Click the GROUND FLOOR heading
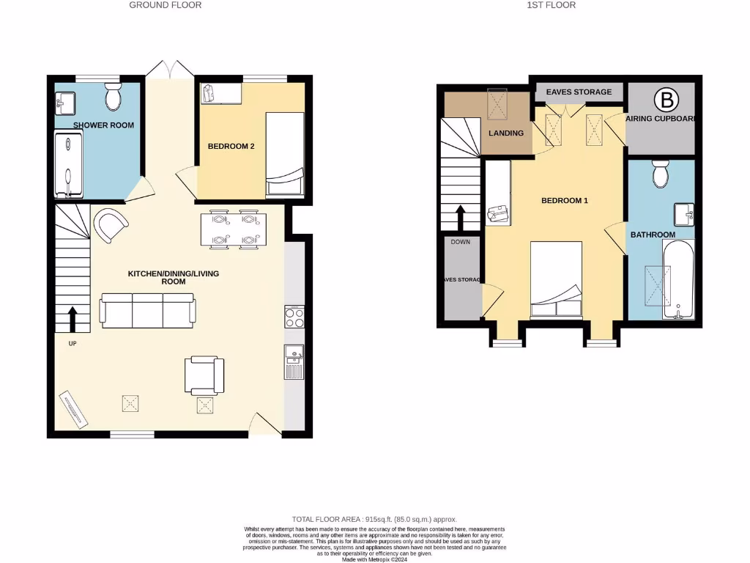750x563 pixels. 165,5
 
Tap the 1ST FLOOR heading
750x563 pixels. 551,5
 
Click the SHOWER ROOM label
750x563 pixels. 103,125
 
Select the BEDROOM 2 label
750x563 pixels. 231,146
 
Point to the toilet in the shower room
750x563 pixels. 113,97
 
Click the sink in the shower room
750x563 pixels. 64,103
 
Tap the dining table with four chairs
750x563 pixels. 231,229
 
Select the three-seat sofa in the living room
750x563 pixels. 147,311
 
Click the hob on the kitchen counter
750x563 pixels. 294,318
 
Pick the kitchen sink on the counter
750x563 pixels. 294,362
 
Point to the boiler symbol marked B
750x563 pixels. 666,99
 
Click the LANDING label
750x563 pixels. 506,133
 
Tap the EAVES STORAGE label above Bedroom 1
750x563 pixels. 579,92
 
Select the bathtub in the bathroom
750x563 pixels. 680,281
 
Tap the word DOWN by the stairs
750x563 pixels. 461,241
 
